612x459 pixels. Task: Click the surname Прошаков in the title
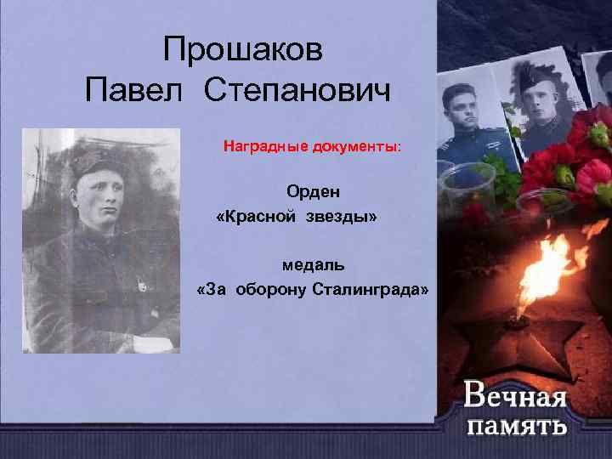243,50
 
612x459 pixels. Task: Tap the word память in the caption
516,424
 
